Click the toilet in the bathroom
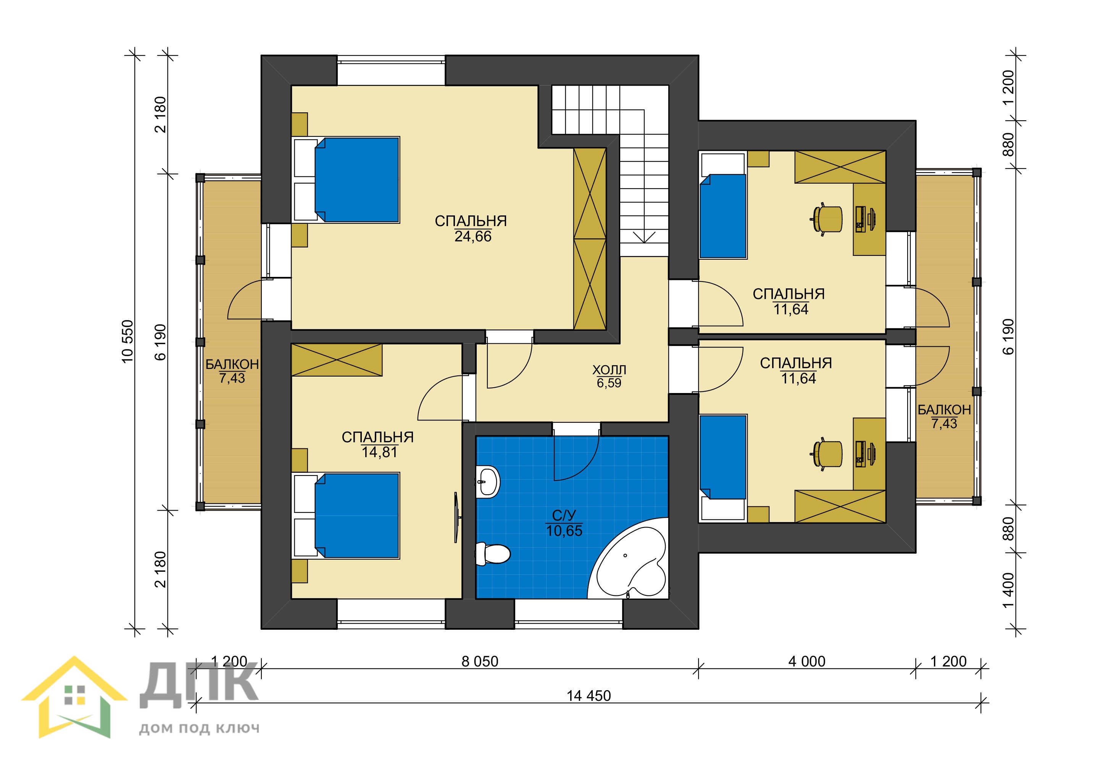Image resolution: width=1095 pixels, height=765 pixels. click(x=493, y=553)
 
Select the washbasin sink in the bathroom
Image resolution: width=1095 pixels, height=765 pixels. click(x=488, y=482)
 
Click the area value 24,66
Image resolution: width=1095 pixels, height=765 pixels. click(x=473, y=236)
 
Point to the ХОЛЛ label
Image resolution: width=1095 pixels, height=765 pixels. click(x=609, y=370)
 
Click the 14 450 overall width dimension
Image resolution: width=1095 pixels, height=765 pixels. click(x=589, y=696)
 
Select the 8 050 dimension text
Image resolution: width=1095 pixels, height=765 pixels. click(x=480, y=661)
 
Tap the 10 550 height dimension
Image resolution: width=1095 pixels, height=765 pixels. click(x=128, y=342)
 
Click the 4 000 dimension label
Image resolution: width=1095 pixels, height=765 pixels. click(x=806, y=661)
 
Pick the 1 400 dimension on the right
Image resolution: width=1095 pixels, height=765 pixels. click(x=1008, y=591)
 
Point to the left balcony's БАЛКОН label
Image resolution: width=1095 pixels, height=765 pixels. click(x=232, y=364)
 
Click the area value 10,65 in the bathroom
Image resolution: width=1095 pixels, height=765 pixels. click(x=564, y=530)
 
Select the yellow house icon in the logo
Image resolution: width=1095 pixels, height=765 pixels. click(x=74, y=697)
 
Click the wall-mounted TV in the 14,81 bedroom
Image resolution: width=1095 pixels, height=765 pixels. click(x=456, y=518)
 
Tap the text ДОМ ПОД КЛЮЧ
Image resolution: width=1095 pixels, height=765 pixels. click(x=199, y=728)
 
